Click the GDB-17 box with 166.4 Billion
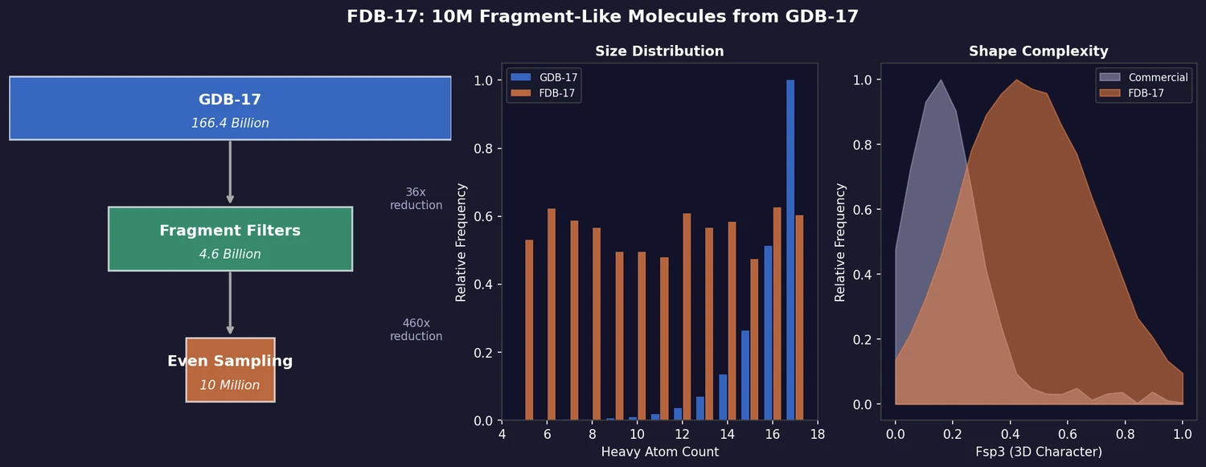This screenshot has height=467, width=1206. tap(230, 109)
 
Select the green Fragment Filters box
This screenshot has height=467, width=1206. tap(230, 239)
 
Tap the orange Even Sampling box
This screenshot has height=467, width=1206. tap(230, 370)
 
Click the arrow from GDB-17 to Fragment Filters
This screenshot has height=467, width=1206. tap(230, 173)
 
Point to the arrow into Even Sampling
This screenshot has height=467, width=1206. tap(230, 303)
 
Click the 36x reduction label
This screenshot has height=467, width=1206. tap(416, 199)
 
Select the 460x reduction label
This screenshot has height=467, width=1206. tap(416, 330)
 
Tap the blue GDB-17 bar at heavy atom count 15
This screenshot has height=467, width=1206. tap(745, 375)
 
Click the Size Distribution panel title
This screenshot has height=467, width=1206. tap(659, 51)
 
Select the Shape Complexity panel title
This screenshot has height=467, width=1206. tap(1038, 51)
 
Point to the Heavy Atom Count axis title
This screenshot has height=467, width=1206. tap(659, 452)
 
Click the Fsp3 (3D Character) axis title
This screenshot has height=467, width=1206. tap(1038, 452)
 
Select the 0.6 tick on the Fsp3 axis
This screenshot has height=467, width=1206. tap(1067, 434)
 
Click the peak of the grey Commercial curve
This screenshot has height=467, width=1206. tap(941, 80)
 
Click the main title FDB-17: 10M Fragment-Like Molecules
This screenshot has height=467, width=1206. tap(603, 16)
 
